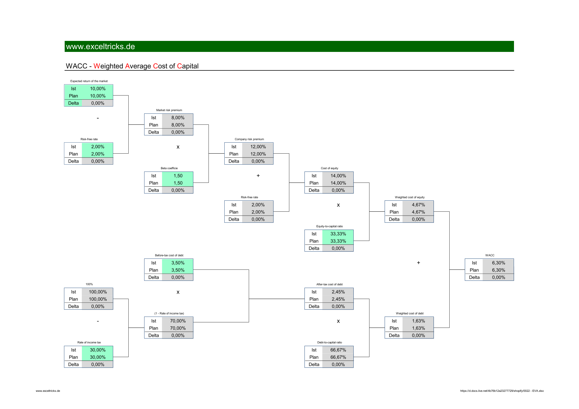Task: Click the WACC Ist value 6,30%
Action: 498,263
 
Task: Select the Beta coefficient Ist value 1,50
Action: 178,176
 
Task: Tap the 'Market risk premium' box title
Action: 169,110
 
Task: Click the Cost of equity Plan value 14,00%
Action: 338,183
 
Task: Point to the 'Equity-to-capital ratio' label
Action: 329,226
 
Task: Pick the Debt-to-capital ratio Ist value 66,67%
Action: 338,350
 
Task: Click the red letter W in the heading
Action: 97,66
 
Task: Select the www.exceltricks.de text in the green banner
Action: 100,46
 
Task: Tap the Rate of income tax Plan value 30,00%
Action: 98,357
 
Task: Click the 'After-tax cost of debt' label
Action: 329,284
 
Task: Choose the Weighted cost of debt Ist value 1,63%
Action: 418,321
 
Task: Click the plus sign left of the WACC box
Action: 418,263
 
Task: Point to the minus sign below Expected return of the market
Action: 98,118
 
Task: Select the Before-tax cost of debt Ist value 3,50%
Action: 178,263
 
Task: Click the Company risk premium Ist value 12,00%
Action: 258,147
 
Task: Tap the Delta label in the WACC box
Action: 474,277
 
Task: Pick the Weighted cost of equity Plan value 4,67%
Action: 418,212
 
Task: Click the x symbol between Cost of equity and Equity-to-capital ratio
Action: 338,205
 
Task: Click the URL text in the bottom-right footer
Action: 502,391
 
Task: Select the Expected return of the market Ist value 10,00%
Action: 98,89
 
